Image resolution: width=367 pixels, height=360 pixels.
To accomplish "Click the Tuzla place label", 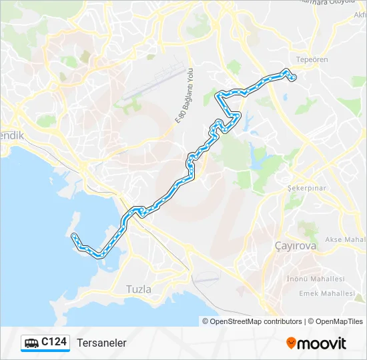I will pos(139,289).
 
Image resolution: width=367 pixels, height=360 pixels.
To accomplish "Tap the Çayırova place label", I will pos(296,246).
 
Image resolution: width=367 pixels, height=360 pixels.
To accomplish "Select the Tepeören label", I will pos(312,59).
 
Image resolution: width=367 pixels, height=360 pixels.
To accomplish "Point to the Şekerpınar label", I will pos(306,188).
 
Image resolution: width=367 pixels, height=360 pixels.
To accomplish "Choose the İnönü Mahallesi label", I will pos(315,279).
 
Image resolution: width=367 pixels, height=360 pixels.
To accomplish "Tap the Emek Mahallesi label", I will pos(327,293).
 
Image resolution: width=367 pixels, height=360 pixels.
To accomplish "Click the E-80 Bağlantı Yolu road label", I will pos(184,97).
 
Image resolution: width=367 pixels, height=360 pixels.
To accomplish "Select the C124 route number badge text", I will pos(54,342).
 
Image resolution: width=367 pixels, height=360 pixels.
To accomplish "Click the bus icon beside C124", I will pos(31,343).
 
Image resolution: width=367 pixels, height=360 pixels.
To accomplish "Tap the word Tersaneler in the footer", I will pos(101,343).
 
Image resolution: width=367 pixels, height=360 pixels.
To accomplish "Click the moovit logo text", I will pos(322,343).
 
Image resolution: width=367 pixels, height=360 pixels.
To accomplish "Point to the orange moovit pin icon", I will pos(291,343).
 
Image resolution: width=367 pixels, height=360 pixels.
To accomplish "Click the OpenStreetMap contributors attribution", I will pos(256,321).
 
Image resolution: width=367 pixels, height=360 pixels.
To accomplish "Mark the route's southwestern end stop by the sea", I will pos(73,235).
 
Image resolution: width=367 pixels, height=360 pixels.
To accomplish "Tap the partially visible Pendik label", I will pos(11,135).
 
